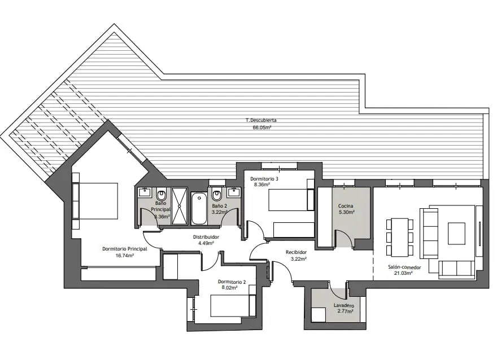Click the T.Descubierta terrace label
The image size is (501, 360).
click(261, 121)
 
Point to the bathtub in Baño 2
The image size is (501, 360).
click(199, 208)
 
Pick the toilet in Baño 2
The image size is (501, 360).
click(217, 194)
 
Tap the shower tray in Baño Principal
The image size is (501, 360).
click(179, 206)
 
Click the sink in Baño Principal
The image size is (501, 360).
click(145, 192)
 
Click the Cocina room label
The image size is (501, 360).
click(346, 206)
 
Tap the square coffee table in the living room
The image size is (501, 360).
click(456, 234)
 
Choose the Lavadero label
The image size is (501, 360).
click(344, 305)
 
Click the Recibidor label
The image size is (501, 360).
click(296, 252)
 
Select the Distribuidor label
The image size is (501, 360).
click(206, 237)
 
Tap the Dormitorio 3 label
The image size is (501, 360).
click(264, 179)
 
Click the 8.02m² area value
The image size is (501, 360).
click(229, 288)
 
